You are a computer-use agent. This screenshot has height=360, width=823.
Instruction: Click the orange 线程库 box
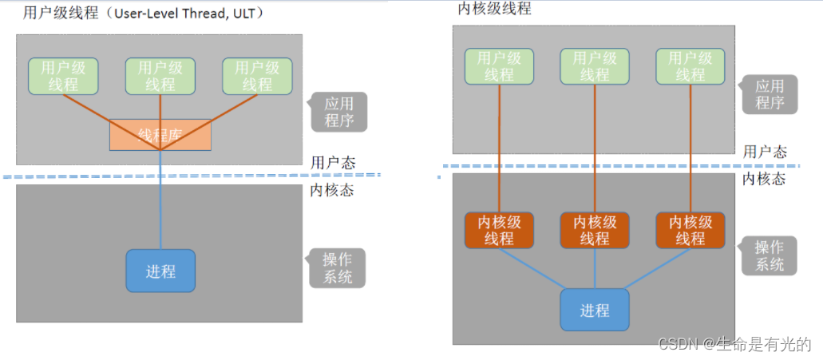click(160, 135)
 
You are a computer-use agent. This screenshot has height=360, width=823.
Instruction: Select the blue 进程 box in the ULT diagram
click(160, 271)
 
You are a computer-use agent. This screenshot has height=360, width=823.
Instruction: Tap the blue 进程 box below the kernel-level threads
click(595, 311)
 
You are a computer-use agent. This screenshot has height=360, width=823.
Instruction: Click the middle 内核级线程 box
click(595, 230)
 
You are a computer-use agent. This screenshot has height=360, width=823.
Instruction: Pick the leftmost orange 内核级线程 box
click(499, 230)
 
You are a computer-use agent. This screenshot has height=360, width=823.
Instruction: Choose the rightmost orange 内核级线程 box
click(690, 230)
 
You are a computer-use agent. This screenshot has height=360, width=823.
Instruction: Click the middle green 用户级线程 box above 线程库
click(160, 76)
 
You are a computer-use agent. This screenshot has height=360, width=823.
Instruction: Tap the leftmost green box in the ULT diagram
click(63, 76)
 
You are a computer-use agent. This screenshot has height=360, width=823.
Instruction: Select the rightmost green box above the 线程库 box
click(257, 76)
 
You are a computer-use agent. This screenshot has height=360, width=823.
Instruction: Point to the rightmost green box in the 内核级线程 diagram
click(690, 66)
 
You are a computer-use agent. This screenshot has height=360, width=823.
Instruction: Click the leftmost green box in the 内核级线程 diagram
click(499, 66)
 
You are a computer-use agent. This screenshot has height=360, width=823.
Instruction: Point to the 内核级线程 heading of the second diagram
click(494, 9)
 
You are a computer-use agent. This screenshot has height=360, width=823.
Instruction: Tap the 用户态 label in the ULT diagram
click(333, 163)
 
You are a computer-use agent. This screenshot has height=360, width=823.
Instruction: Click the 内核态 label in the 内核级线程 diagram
click(764, 179)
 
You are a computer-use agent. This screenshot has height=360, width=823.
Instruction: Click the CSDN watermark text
click(734, 344)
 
